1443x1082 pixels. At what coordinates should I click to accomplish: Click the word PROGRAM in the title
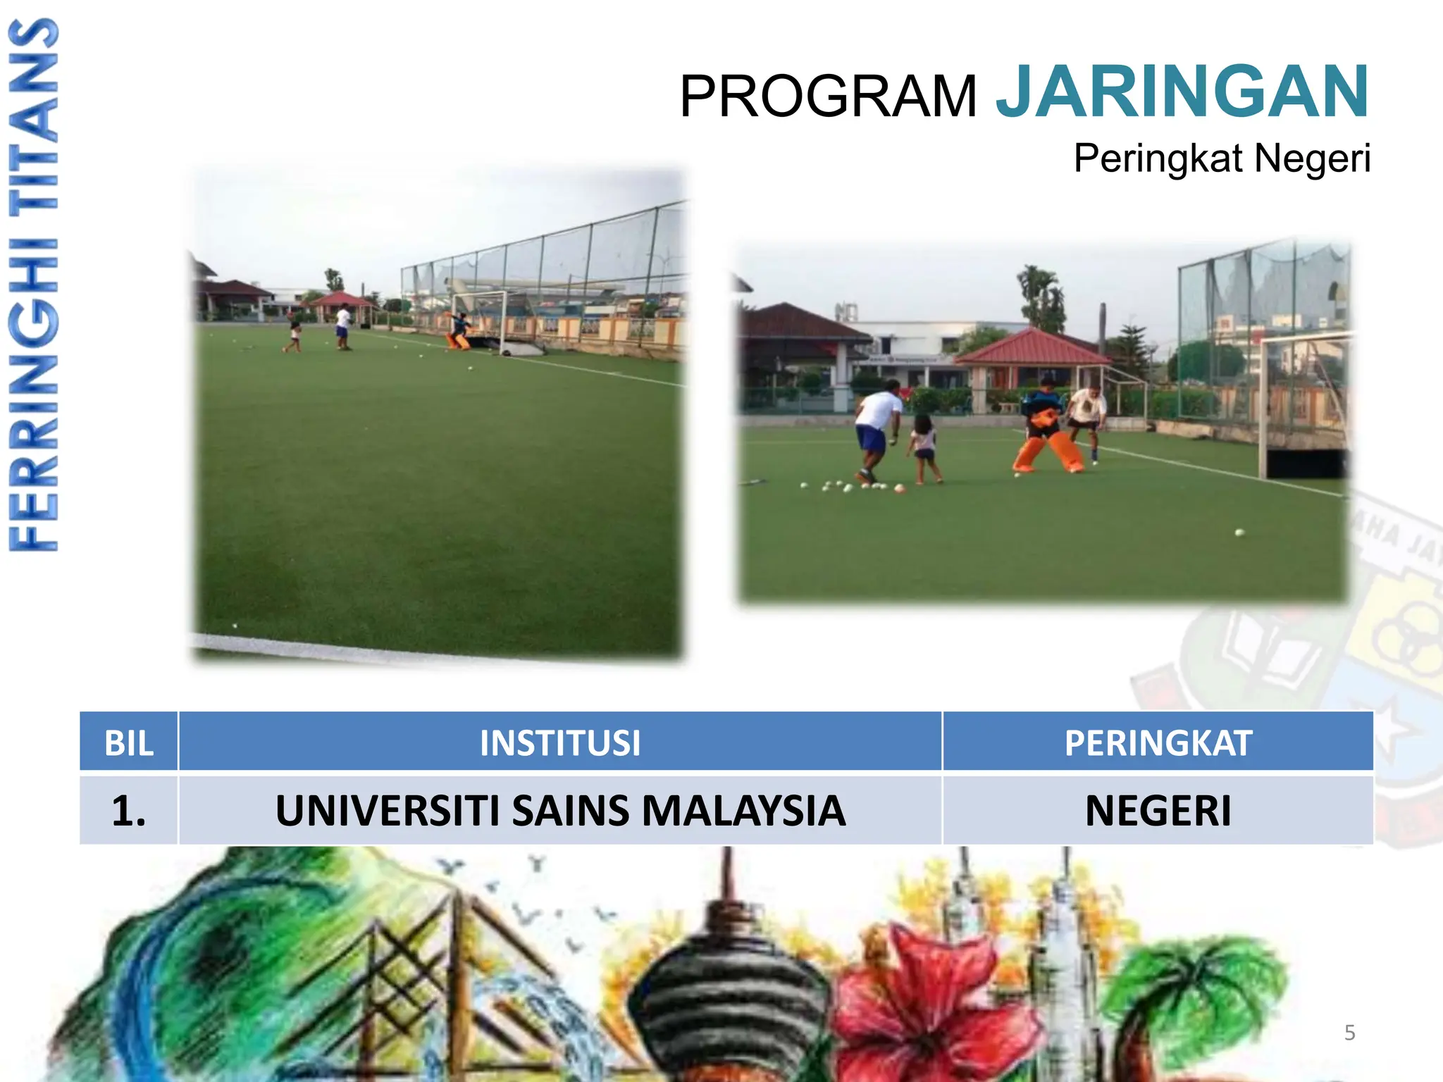coord(828,97)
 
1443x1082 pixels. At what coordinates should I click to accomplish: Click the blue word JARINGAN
coord(1182,92)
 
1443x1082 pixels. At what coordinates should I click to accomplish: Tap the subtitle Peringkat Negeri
coord(1221,158)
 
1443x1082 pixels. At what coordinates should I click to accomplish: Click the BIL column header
coord(129,742)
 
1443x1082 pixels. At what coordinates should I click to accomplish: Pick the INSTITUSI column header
coord(560,742)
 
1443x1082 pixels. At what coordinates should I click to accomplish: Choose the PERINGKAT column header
coord(1158,742)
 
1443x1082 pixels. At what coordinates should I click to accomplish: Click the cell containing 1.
coord(129,810)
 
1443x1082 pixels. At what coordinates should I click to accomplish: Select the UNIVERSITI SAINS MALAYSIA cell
coord(560,810)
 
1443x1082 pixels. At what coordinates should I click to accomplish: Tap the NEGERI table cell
coord(1158,810)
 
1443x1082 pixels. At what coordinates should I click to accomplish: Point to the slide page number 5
coord(1349,1033)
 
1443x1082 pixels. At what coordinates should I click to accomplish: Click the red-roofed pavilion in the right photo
coord(1032,359)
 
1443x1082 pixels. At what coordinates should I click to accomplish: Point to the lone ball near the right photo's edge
coord(1239,533)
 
